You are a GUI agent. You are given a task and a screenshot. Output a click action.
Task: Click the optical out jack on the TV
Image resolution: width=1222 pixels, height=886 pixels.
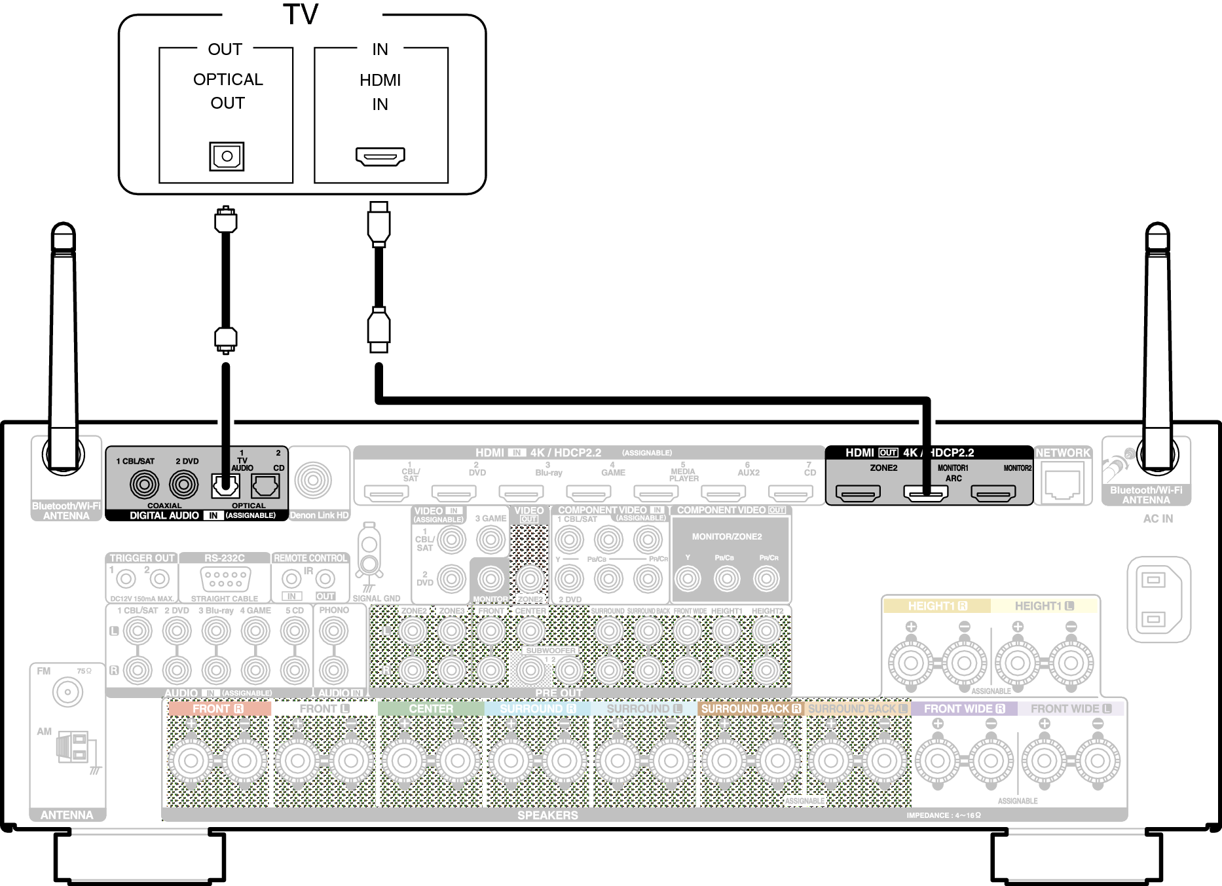(227, 156)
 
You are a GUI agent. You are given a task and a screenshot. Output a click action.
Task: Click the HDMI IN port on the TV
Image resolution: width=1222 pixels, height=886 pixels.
(380, 157)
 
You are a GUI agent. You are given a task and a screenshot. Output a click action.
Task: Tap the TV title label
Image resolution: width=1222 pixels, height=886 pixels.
(301, 14)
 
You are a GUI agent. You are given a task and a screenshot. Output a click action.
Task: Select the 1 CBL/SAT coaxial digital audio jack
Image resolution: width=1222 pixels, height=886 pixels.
(144, 485)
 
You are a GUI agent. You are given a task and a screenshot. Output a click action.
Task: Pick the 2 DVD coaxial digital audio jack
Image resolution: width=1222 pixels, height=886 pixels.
(184, 485)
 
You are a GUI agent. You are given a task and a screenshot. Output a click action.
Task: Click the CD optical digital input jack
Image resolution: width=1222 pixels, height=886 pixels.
(265, 485)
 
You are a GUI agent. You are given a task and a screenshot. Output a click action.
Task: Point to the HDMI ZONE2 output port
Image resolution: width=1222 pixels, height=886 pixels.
(858, 492)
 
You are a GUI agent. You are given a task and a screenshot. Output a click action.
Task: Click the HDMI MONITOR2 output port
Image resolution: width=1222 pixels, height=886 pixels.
(993, 492)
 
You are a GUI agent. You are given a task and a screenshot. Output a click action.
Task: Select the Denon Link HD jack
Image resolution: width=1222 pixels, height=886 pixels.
(313, 480)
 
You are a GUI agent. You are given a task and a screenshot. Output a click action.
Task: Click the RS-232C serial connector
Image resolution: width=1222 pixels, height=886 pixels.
(225, 579)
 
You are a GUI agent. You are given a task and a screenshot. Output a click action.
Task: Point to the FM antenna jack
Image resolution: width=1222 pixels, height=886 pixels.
(67, 692)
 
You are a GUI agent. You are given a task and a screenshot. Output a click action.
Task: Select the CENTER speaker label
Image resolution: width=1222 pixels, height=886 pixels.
(430, 709)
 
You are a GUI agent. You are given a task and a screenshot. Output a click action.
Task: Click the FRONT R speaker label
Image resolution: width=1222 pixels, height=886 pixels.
(218, 709)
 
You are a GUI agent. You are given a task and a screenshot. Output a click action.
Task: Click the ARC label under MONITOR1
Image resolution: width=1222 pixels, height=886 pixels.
(954, 479)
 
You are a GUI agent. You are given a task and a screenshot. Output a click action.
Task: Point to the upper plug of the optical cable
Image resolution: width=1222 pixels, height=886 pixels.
(226, 219)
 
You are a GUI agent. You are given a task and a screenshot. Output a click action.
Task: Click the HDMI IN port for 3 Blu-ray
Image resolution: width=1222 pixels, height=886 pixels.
(521, 492)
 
